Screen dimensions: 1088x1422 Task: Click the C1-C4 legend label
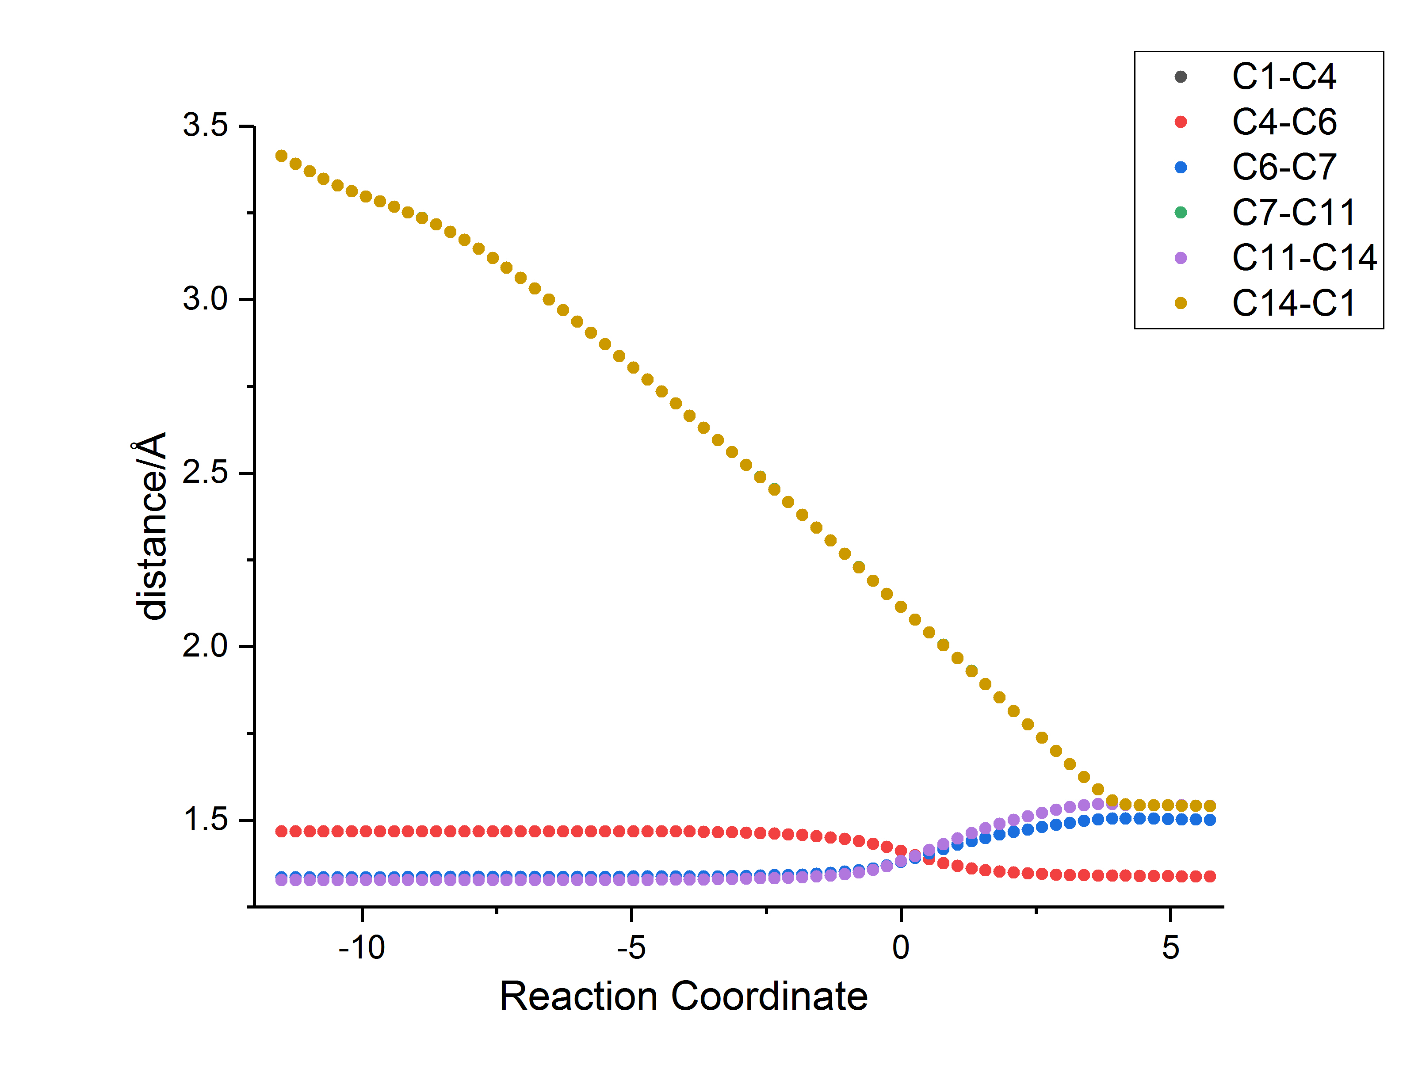pos(1284,77)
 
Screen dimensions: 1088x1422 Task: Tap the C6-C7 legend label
pos(1284,168)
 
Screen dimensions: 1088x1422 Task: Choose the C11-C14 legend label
pos(1303,258)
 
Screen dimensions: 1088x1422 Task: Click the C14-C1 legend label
pos(1293,304)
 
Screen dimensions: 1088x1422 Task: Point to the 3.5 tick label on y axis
pos(205,125)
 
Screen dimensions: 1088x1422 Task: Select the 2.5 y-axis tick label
pos(205,472)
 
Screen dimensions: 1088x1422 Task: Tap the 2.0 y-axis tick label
pos(205,645)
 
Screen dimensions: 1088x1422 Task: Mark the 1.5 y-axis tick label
pos(205,819)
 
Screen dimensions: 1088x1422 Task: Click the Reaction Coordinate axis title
pos(683,996)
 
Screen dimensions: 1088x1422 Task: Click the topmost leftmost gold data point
pos(281,156)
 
